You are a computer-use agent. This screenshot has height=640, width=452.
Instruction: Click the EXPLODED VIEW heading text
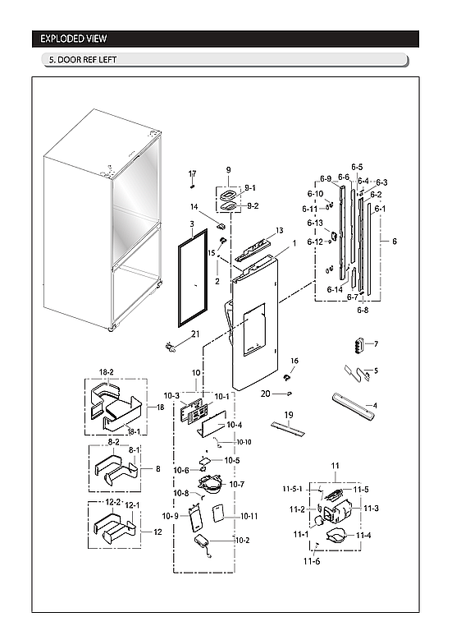73,39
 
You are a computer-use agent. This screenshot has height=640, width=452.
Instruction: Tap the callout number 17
193,173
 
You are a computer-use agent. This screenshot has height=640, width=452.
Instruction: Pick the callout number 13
279,231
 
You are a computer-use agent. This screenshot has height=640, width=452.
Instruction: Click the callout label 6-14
334,289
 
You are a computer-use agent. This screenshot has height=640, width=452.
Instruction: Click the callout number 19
289,414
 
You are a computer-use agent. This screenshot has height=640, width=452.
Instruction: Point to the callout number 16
294,361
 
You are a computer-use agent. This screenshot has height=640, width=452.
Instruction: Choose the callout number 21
195,334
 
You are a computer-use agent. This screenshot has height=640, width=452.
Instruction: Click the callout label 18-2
107,372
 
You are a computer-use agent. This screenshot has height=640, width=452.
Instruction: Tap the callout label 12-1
132,505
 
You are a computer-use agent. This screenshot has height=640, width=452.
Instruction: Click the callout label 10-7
238,484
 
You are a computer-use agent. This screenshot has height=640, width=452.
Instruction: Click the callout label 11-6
311,561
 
